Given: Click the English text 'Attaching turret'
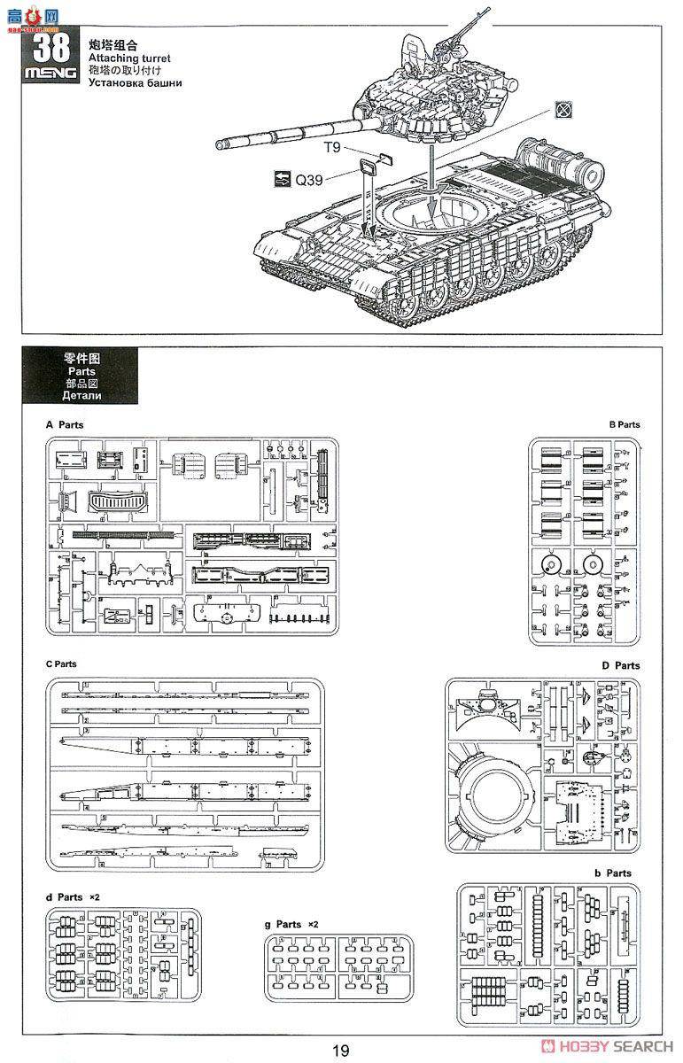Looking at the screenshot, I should point(128,58).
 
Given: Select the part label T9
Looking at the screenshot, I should point(333,148).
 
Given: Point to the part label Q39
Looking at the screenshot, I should point(309,180).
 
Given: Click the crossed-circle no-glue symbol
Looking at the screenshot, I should point(562,109).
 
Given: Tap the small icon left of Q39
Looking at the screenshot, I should point(283,180).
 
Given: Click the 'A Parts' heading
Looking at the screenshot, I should point(65,424).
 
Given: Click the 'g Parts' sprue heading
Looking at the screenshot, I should point(283,924).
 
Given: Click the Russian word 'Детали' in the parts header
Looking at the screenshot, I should point(83,396).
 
